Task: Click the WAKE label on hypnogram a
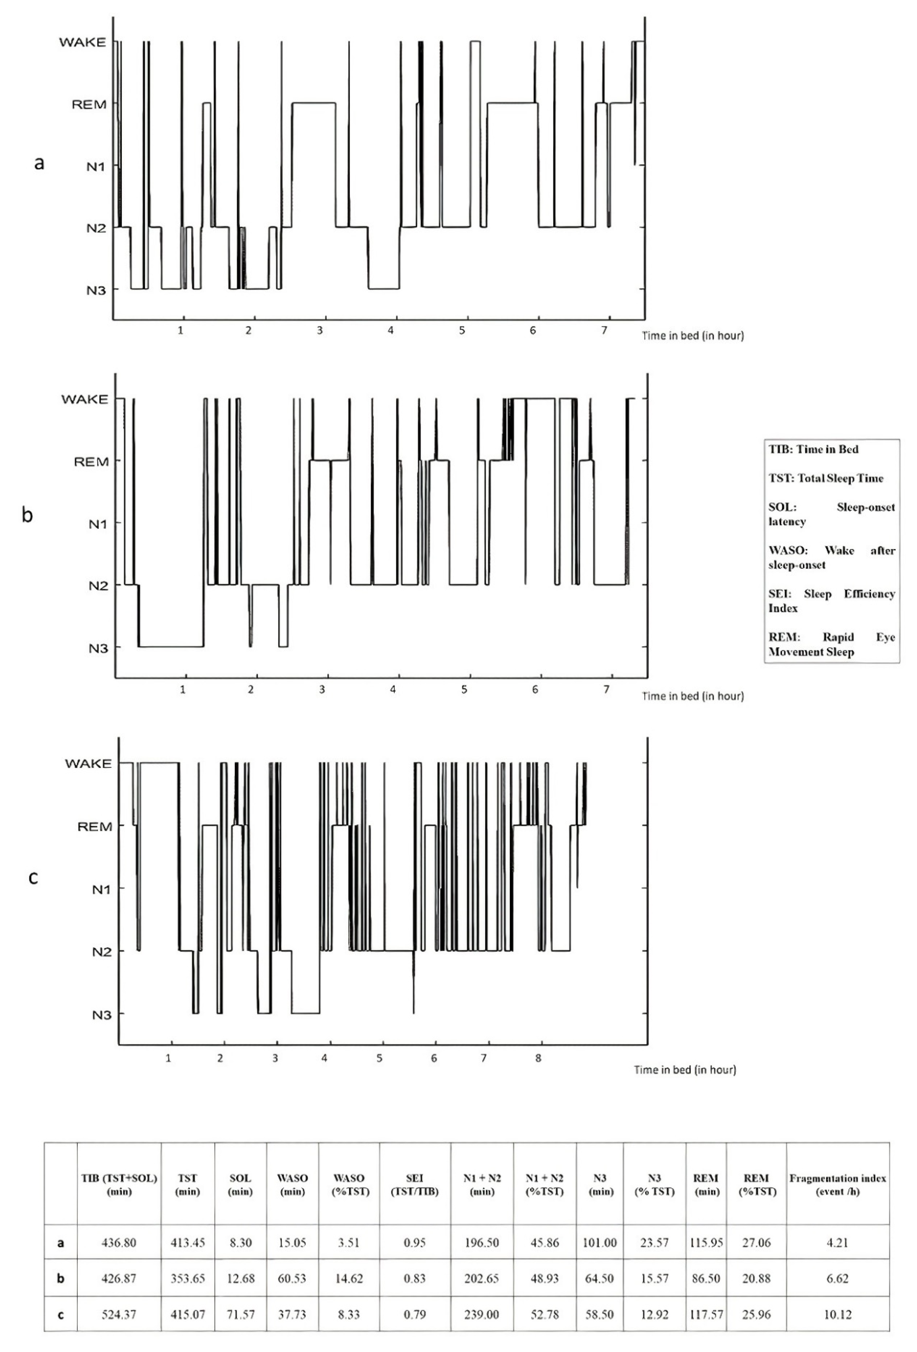tap(83, 42)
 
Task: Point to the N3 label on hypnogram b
tap(98, 647)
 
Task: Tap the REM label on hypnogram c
tap(95, 827)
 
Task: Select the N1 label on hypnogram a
tap(96, 166)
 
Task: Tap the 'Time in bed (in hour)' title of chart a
tap(692, 336)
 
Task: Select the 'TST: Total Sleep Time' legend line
tap(826, 478)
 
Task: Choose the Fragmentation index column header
tap(837, 1184)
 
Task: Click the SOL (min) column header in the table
tap(240, 1184)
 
